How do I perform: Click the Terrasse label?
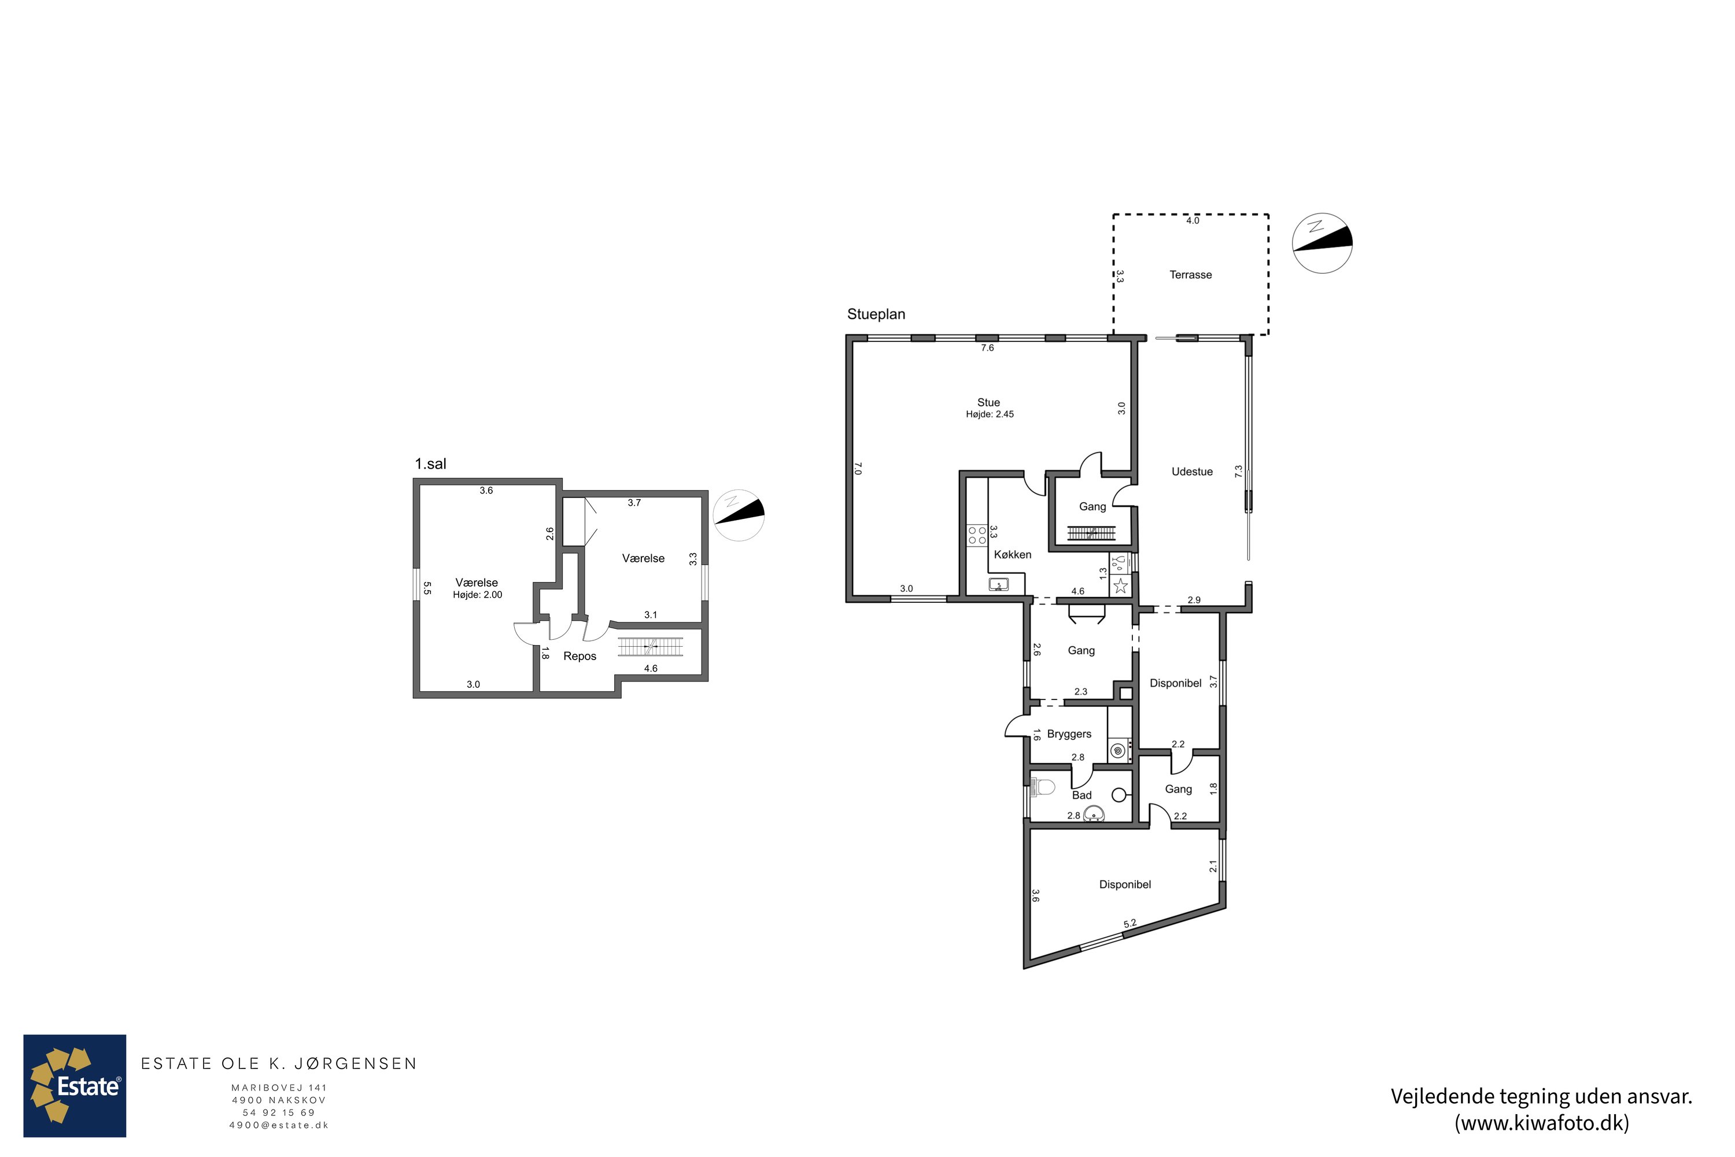[1191, 274]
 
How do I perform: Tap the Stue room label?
[988, 402]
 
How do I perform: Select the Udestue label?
[1192, 471]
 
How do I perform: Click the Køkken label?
[1012, 554]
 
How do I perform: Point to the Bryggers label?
[1069, 734]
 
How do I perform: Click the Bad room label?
[1081, 795]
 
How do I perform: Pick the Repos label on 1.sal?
[580, 656]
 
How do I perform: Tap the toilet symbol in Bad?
[1042, 787]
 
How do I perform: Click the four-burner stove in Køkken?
[977, 535]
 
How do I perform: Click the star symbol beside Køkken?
[1121, 586]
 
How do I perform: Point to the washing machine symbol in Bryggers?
[1117, 751]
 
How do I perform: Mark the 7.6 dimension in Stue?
[987, 348]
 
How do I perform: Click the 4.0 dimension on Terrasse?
[1192, 220]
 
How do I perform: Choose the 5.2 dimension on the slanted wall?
[1129, 923]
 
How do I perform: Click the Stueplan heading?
[876, 314]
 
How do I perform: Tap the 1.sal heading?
[430, 463]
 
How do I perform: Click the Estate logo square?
[75, 1085]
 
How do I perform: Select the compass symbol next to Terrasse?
[1322, 244]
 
